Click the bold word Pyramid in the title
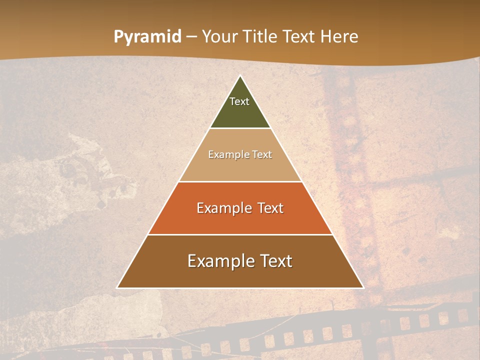147,37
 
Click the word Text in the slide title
299,36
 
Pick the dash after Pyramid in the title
191,37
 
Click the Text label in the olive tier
239,101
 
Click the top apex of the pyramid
240,75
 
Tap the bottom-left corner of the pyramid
117,287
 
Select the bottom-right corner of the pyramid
363,287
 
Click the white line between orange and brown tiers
240,234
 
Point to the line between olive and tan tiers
240,128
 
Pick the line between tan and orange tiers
240,181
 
